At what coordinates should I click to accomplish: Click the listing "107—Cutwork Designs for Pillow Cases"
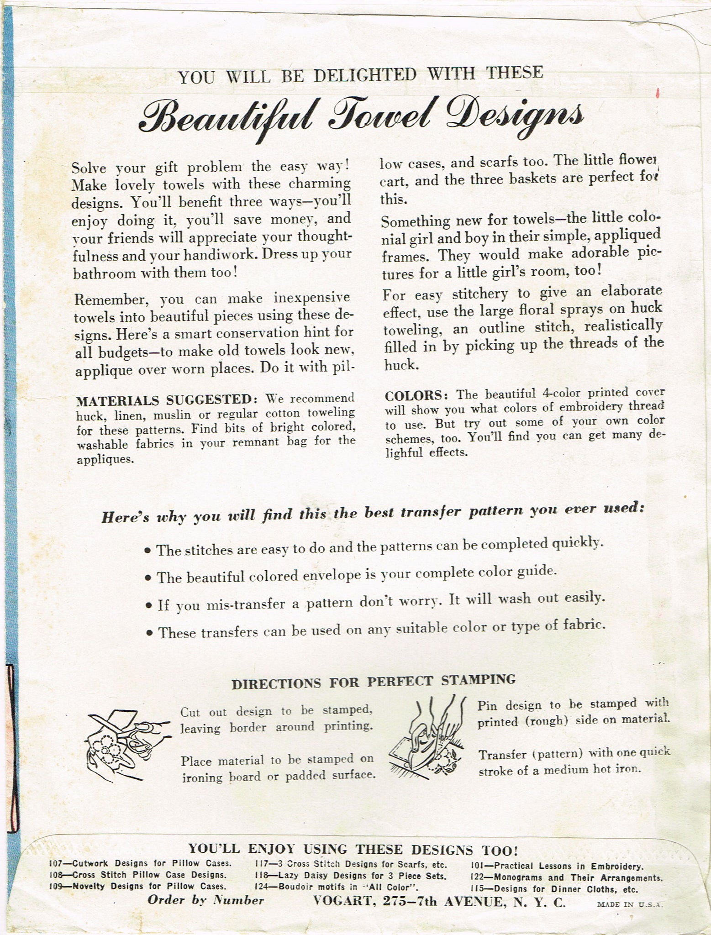coord(141,863)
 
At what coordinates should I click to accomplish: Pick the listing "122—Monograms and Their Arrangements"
coord(566,877)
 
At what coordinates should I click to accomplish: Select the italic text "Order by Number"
coord(205,901)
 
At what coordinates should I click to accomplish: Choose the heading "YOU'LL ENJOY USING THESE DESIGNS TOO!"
coord(353,850)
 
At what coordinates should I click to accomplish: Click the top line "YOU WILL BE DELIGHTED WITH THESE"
coord(361,74)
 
